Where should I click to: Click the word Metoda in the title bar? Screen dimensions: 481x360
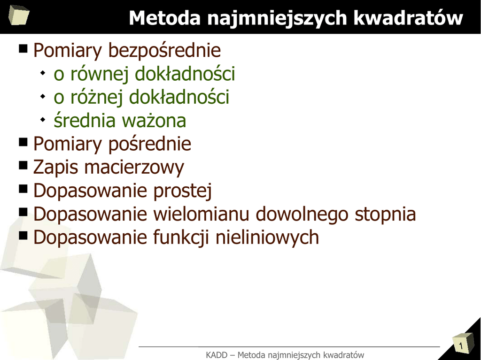[x=164, y=18]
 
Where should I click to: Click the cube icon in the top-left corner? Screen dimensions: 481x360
[x=19, y=15]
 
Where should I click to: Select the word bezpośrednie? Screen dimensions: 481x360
[x=164, y=51]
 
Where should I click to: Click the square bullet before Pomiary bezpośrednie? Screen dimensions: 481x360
[x=23, y=48]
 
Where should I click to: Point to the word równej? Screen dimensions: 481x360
[x=99, y=74]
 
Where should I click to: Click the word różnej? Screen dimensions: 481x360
[x=96, y=98]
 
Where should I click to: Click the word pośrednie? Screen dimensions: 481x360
[x=150, y=145]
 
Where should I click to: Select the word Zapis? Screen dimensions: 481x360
[x=55, y=168]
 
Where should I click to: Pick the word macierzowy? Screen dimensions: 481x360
[x=134, y=168]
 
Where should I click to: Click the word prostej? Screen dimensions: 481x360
[x=183, y=191]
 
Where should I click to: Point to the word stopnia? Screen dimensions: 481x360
[x=385, y=215]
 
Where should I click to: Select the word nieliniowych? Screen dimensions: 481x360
[x=267, y=238]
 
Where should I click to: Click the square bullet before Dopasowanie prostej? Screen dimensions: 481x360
[x=23, y=189]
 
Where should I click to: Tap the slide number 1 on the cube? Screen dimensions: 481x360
[x=460, y=346]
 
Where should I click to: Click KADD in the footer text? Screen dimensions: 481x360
[x=217, y=355]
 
